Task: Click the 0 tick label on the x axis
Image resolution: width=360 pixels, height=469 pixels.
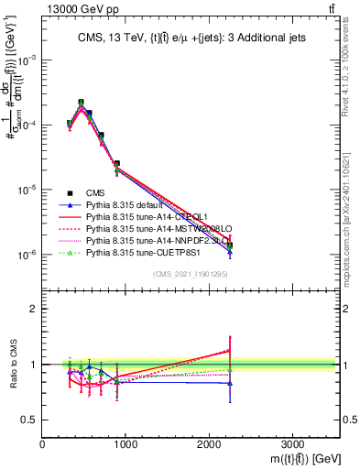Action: point(43,442)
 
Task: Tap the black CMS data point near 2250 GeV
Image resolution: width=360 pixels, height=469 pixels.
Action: point(230,245)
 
